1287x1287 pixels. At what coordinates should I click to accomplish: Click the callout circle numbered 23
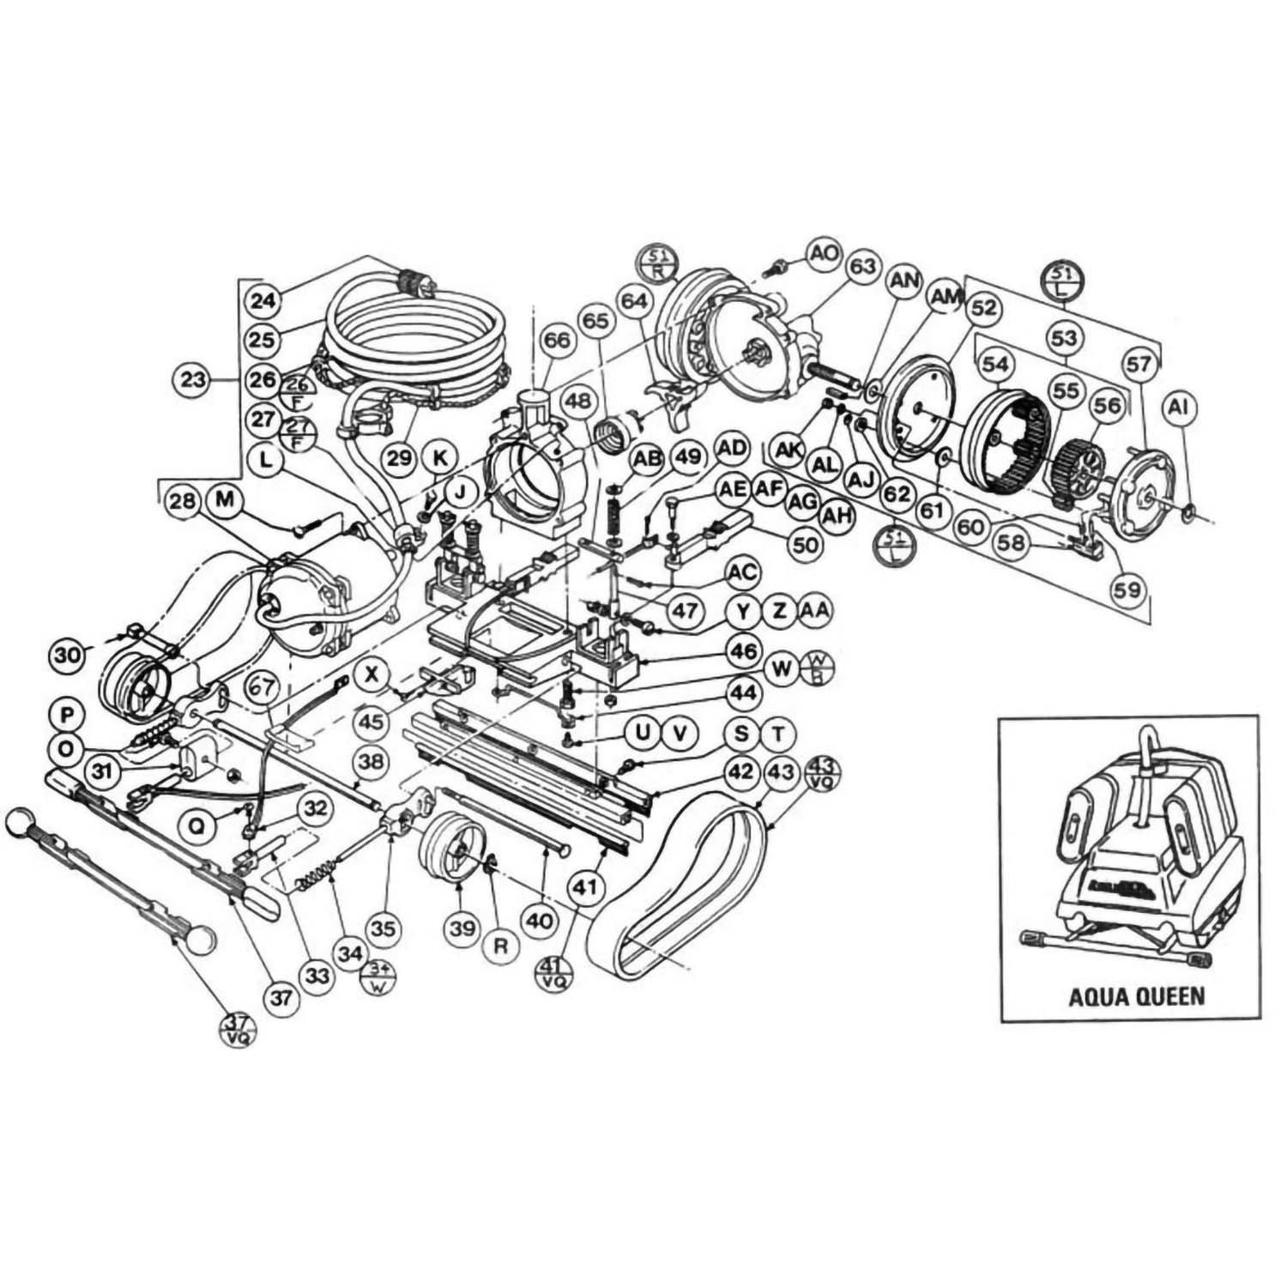click(x=195, y=378)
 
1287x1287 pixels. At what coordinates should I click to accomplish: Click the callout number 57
click(x=1139, y=365)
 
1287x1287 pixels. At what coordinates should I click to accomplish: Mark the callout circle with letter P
click(x=65, y=714)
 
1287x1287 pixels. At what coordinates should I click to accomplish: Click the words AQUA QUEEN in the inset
click(x=1136, y=996)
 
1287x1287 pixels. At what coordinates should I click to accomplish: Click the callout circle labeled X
click(x=372, y=674)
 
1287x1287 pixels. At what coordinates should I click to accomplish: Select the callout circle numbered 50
click(x=807, y=544)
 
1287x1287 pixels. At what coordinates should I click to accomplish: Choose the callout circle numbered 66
click(x=556, y=341)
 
